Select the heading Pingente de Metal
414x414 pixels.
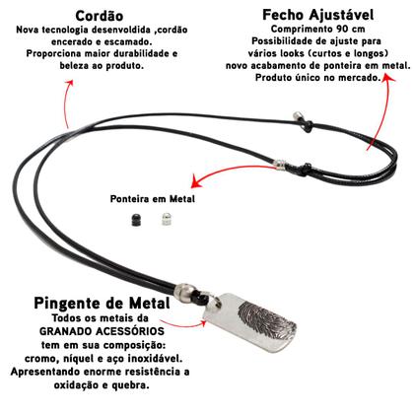93,305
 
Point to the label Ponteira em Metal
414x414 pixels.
154,199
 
